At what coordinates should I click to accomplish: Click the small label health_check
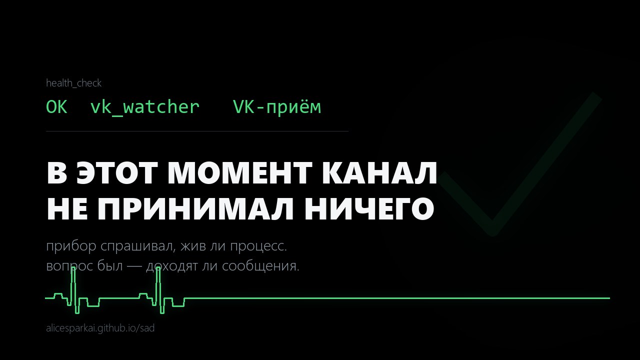point(73,83)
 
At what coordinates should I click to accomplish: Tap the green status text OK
point(56,107)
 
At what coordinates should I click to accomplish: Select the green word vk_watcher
point(145,107)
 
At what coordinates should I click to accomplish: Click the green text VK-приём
point(277,107)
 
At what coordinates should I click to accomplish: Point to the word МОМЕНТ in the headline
point(239,173)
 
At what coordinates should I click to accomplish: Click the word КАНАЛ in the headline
point(379,173)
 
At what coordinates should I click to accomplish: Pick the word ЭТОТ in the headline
point(116,173)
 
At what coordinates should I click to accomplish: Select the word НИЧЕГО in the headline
point(369,208)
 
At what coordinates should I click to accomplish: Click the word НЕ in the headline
point(67,208)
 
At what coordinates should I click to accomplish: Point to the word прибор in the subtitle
point(71,246)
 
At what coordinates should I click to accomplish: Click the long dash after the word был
point(134,266)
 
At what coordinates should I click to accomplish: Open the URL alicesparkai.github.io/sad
point(100,328)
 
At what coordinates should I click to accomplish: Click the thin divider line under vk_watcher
point(197,131)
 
